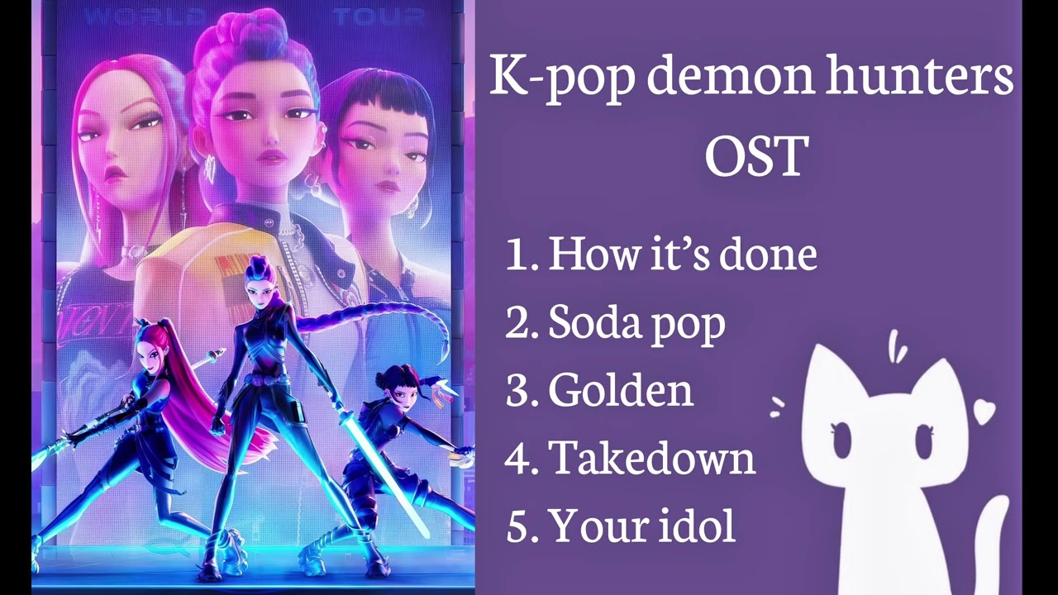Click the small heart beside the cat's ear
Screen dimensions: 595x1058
click(984, 411)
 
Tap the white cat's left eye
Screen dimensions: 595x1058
click(842, 439)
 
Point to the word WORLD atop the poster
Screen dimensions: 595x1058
click(145, 16)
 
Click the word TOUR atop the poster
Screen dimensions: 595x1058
click(378, 16)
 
